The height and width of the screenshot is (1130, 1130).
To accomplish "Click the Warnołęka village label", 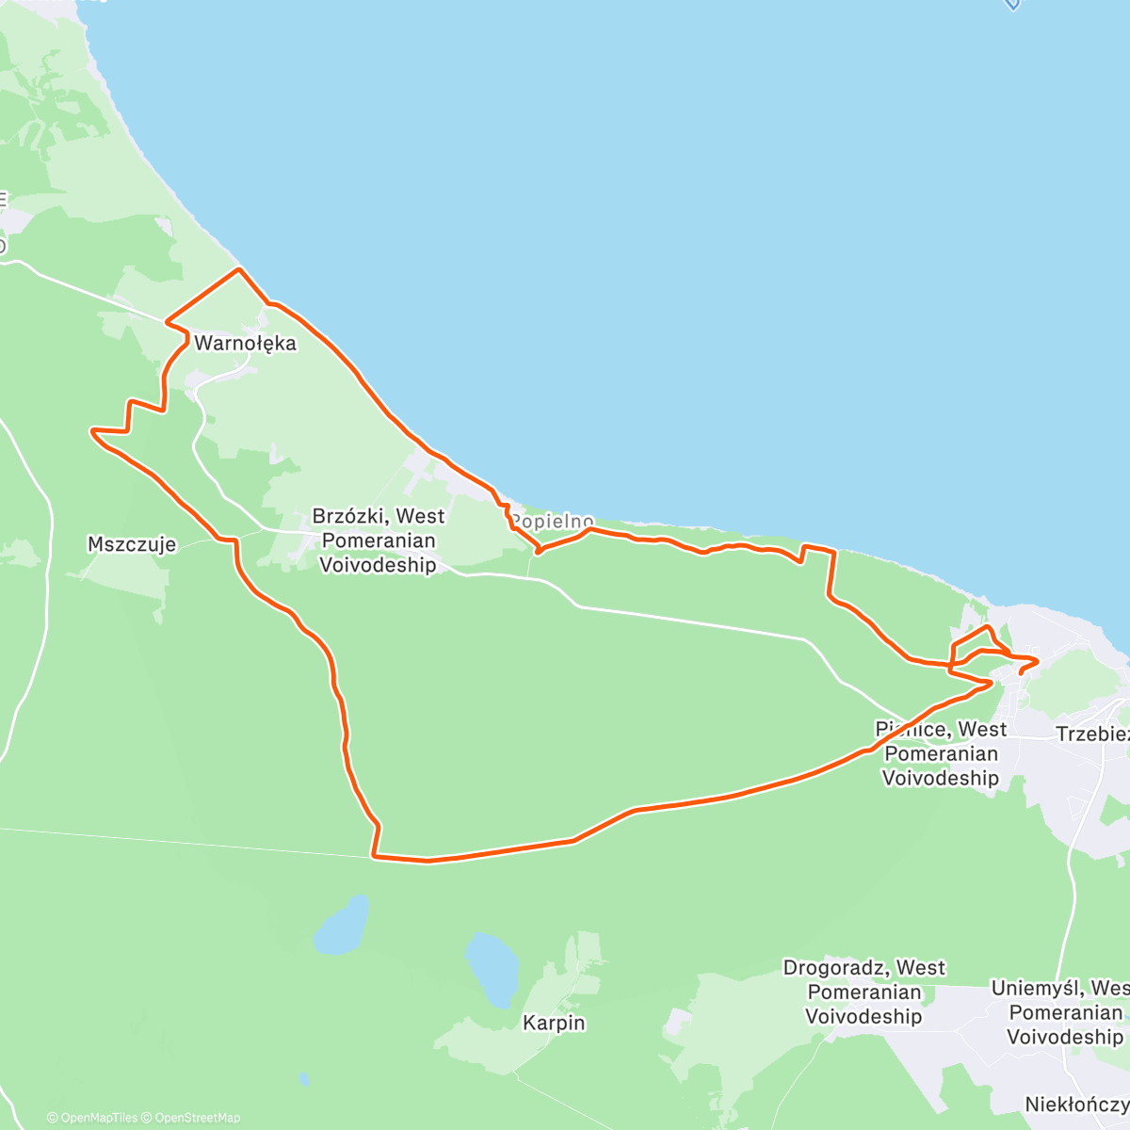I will pyautogui.click(x=245, y=344).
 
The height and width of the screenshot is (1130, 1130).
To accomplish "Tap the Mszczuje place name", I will pyautogui.click(x=131, y=544).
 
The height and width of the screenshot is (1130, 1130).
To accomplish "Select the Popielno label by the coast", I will pyautogui.click(x=552, y=521).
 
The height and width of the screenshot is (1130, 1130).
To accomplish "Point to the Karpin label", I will pyautogui.click(x=554, y=1023).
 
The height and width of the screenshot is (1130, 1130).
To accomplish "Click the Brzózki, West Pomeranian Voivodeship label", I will pyautogui.click(x=378, y=541).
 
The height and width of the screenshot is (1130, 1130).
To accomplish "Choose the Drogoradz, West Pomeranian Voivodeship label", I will pyautogui.click(x=864, y=992).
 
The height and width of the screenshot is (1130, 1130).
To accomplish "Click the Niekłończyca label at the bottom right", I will pyautogui.click(x=1077, y=1104).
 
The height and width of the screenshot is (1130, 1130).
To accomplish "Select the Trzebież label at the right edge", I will pyautogui.click(x=1092, y=734).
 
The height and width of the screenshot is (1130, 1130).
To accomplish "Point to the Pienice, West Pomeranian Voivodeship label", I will pyautogui.click(x=941, y=753).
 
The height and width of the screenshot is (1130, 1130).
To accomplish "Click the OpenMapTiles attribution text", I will pyautogui.click(x=92, y=1118).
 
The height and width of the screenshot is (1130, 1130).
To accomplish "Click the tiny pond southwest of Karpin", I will pyautogui.click(x=302, y=1078).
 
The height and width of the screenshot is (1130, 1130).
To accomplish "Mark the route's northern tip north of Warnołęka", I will pyautogui.click(x=239, y=269).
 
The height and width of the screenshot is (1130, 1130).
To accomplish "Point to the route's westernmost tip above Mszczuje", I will pyautogui.click(x=92, y=431).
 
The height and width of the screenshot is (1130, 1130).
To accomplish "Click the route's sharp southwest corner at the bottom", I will pyautogui.click(x=374, y=856).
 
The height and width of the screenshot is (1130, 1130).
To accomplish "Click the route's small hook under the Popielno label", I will pyautogui.click(x=538, y=550).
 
